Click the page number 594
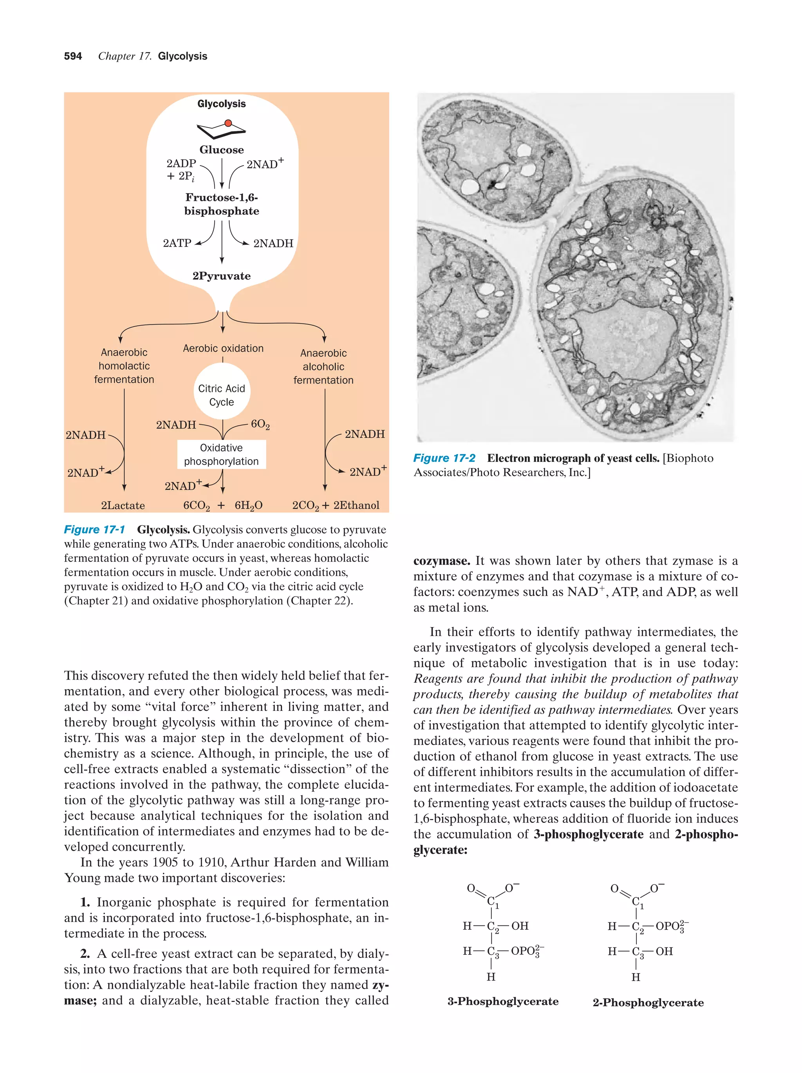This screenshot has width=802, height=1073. [x=73, y=56]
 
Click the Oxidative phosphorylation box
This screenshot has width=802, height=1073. [x=221, y=454]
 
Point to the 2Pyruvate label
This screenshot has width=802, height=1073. [x=221, y=276]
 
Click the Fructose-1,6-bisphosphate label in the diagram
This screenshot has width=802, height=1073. [x=221, y=204]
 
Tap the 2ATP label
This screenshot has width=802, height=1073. [x=177, y=243]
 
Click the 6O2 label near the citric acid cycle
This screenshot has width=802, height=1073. [x=260, y=424]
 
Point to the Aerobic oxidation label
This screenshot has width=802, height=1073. [x=223, y=348]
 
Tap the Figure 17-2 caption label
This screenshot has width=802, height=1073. [x=444, y=458]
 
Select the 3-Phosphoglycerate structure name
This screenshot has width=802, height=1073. [x=503, y=1002]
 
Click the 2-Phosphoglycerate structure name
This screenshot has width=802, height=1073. [x=648, y=1003]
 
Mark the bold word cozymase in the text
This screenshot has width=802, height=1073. [x=441, y=561]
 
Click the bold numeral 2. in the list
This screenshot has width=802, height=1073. [x=85, y=954]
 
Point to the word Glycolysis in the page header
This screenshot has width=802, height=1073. [x=182, y=56]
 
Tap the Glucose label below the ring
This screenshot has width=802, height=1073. [x=221, y=150]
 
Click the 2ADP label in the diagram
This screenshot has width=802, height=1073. [x=181, y=164]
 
